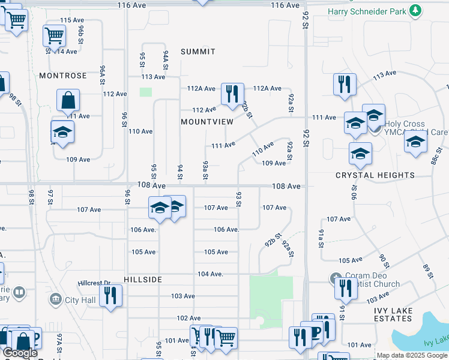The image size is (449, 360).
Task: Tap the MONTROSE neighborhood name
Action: (63, 76)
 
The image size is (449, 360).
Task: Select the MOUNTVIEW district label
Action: (206, 121)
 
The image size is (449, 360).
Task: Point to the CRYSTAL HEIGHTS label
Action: (375, 175)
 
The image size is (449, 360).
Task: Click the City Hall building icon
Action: (56, 299)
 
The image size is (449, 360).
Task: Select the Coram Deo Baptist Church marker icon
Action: (336, 279)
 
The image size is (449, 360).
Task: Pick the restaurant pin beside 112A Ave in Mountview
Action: (232, 94)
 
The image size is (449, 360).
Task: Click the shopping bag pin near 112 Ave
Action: (68, 101)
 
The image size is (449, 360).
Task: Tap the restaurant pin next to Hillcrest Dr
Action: (111, 295)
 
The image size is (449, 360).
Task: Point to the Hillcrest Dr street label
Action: (95, 283)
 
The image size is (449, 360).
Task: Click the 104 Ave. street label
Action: (210, 274)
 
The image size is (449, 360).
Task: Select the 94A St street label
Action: (165, 61)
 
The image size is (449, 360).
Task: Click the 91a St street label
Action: (321, 238)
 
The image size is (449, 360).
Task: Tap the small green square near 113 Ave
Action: (146, 92)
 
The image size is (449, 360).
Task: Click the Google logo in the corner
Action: (20, 353)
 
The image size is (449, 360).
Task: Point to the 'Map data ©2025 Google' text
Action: (412, 355)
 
